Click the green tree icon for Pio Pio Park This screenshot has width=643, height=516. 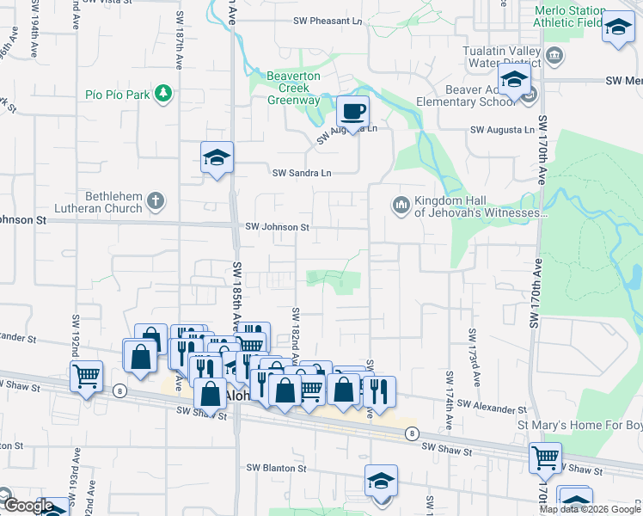click(162, 94)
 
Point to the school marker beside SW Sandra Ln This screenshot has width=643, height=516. click(217, 157)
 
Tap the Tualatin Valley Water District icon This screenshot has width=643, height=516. click(554, 57)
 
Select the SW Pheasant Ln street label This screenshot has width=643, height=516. click(327, 20)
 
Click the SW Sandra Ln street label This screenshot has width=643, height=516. click(302, 173)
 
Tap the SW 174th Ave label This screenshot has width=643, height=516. click(449, 400)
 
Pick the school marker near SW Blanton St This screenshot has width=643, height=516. click(381, 481)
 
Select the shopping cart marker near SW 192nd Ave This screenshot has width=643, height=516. click(86, 376)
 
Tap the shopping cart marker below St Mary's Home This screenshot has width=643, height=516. click(545, 458)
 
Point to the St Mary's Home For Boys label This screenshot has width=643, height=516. click(579, 425)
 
